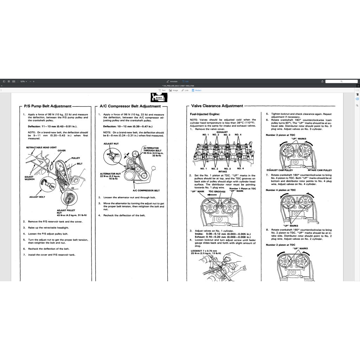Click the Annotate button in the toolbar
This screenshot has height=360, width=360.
172,81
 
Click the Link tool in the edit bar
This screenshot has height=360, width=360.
185,90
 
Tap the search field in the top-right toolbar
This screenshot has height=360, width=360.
341,81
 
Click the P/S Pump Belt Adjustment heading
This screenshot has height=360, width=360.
47,106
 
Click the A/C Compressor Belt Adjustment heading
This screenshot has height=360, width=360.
130,106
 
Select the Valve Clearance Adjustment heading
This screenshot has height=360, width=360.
217,106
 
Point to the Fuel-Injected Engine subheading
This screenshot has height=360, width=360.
205,114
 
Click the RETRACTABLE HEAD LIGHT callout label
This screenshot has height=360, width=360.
41,147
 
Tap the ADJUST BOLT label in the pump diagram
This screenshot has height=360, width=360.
37,197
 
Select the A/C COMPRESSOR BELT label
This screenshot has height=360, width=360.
146,191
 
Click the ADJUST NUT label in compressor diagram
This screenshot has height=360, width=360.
111,144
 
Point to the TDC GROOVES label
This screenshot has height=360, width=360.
217,192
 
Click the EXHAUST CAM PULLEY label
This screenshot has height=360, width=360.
280,170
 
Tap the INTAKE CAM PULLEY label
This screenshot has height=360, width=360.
320,170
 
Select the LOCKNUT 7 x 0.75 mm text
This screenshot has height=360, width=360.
201,251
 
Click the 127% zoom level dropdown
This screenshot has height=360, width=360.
24,81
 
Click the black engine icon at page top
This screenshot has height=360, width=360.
159,97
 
